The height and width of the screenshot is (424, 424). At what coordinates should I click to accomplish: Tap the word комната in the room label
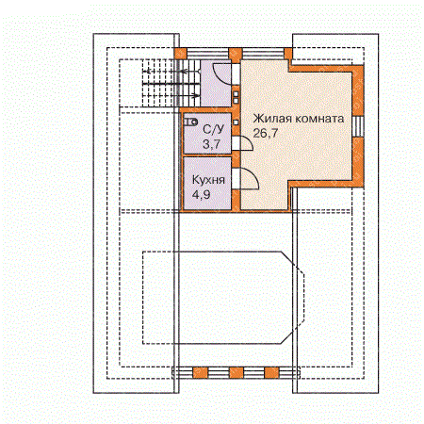pyautogui.click(x=319, y=119)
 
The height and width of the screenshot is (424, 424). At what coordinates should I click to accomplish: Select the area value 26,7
pyautogui.click(x=266, y=133)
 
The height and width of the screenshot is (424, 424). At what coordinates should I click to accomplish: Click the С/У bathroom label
pyautogui.click(x=214, y=129)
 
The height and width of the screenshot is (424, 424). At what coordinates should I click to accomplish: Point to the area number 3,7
pyautogui.click(x=211, y=144)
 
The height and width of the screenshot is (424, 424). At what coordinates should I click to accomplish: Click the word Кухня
pyautogui.click(x=208, y=180)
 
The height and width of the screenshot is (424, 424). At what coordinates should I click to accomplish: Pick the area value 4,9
pyautogui.click(x=201, y=195)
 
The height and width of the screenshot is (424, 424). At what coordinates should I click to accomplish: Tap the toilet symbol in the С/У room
pyautogui.click(x=190, y=122)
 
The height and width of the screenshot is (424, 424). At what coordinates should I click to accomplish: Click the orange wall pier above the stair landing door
pyautogui.click(x=235, y=54)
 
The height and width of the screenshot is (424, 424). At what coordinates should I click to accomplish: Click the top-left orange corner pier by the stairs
pyautogui.click(x=181, y=54)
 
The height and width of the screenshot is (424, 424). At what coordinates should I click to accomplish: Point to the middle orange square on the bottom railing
pyautogui.click(x=236, y=373)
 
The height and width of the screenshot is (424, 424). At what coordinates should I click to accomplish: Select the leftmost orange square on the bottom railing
pyautogui.click(x=200, y=373)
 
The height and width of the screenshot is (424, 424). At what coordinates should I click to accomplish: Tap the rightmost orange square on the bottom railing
pyautogui.click(x=271, y=373)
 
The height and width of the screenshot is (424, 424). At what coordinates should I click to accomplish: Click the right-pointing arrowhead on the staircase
pyautogui.click(x=196, y=95)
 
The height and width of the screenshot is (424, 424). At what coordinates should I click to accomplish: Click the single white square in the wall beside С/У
pyautogui.click(x=236, y=122)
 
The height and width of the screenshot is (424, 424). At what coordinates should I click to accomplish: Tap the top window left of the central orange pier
pyautogui.click(x=208, y=54)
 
